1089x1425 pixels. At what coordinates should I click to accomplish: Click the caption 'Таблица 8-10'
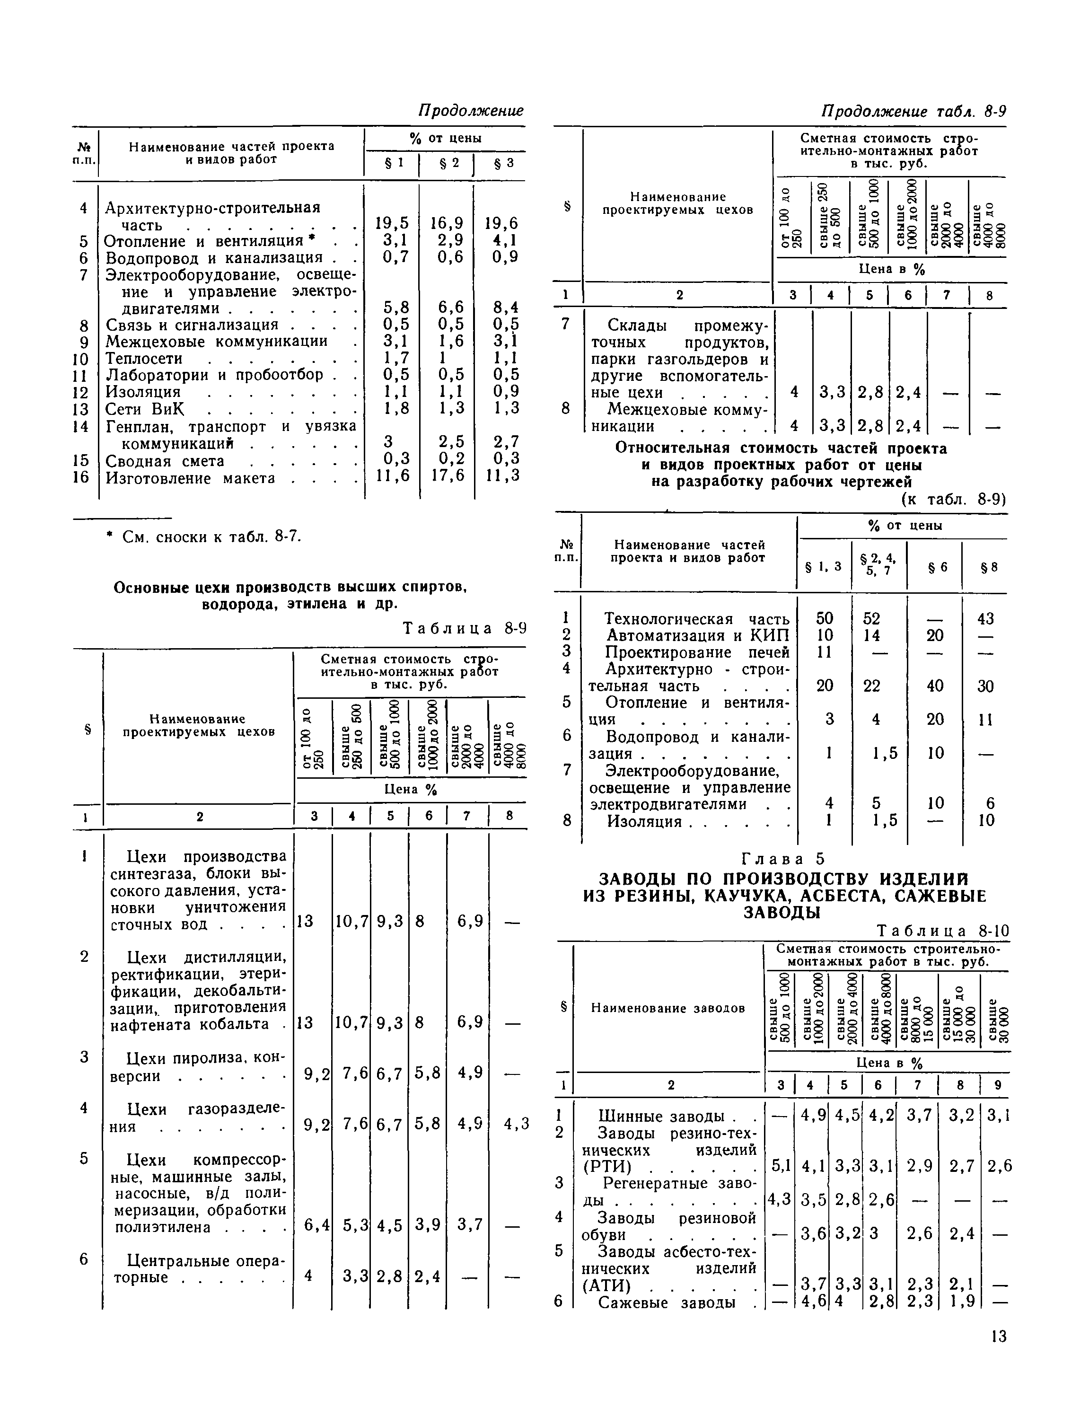pyautogui.click(x=942, y=932)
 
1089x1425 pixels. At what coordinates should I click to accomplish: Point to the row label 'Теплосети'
pyautogui.click(x=144, y=359)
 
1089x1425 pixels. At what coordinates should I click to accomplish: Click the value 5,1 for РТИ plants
pyautogui.click(x=781, y=1166)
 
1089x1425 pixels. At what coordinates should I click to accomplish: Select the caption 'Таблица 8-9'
pyautogui.click(x=464, y=628)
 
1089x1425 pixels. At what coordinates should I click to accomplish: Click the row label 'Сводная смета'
pyautogui.click(x=165, y=461)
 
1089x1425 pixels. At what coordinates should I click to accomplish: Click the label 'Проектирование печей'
pyautogui.click(x=697, y=652)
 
